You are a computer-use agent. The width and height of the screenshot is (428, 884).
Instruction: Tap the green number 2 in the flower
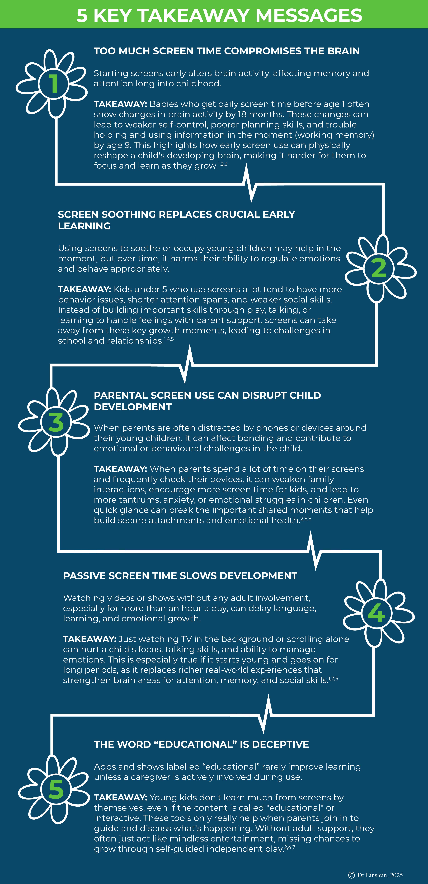tap(379, 268)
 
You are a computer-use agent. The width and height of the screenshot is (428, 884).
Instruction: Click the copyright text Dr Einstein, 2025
tap(380, 875)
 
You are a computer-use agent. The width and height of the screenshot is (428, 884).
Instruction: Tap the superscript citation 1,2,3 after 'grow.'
tap(223, 164)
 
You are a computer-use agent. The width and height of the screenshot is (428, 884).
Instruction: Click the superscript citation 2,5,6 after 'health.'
tap(306, 519)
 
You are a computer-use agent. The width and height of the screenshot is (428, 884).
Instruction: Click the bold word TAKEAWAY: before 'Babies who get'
tap(120, 104)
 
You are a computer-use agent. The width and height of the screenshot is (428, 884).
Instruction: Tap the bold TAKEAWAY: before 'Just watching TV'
tap(90, 639)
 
